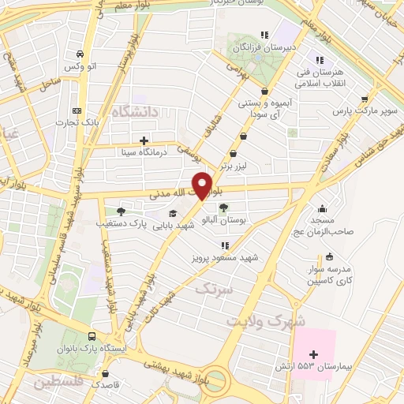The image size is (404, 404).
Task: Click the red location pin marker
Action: tap(203, 185)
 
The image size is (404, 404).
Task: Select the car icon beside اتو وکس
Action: tap(80, 54)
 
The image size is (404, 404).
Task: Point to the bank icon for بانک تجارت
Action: tap(76, 110)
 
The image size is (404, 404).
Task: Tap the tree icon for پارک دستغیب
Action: tap(120, 211)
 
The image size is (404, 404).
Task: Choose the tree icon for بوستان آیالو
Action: tap(224, 208)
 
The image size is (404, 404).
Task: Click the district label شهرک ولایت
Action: tap(260, 322)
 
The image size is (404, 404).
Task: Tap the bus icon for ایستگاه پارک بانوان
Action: tap(94, 337)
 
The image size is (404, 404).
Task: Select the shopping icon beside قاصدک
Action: tap(107, 374)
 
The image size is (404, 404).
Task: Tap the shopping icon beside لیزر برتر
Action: tap(232, 154)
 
